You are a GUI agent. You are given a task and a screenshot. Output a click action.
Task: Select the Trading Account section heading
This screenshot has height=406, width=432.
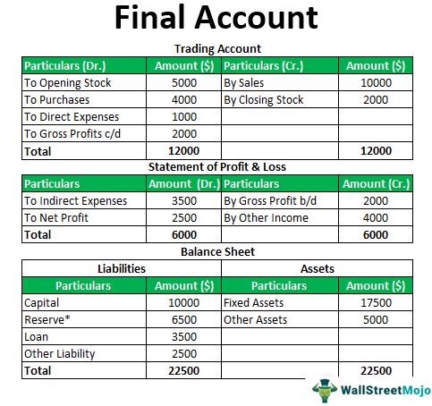click(216, 49)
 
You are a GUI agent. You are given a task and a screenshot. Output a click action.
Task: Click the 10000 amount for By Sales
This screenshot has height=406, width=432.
click(375, 82)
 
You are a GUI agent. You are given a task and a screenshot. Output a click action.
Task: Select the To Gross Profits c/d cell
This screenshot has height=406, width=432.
click(74, 134)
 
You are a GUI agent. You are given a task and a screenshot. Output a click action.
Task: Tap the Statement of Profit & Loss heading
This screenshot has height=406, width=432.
click(216, 167)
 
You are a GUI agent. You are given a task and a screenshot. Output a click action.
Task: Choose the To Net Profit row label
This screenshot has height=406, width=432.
click(57, 218)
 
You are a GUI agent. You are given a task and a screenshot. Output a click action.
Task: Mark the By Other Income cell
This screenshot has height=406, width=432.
click(266, 218)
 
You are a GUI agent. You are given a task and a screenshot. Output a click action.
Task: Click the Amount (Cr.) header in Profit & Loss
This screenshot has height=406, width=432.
click(375, 184)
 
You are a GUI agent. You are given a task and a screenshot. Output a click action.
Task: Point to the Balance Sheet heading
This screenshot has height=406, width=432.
click(216, 251)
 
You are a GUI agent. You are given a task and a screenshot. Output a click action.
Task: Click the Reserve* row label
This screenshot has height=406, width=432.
click(48, 320)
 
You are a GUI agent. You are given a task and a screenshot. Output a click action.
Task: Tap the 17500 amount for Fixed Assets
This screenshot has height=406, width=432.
click(375, 303)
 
